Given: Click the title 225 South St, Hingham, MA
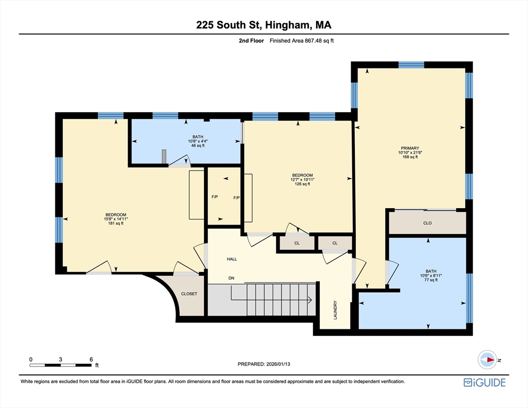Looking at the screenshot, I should (x=263, y=25).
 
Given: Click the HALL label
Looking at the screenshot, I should (x=232, y=259).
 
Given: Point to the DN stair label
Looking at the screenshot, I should (x=231, y=278).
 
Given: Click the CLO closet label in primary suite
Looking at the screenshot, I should (x=427, y=223).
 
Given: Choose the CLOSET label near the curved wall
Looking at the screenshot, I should (x=189, y=294).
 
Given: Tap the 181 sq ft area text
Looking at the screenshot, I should (x=115, y=224).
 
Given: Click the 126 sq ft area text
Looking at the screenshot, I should (x=302, y=184).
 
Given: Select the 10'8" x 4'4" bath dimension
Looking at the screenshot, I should (x=198, y=141).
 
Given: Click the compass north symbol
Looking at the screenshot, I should (x=487, y=360).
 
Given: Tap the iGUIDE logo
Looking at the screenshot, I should (x=484, y=382).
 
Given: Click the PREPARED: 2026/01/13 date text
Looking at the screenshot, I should (x=263, y=364).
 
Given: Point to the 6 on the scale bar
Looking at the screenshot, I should (x=91, y=360).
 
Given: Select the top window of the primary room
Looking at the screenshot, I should (x=411, y=65).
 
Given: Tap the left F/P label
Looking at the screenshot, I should (x=215, y=197).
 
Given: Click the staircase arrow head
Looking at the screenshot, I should (x=310, y=301).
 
